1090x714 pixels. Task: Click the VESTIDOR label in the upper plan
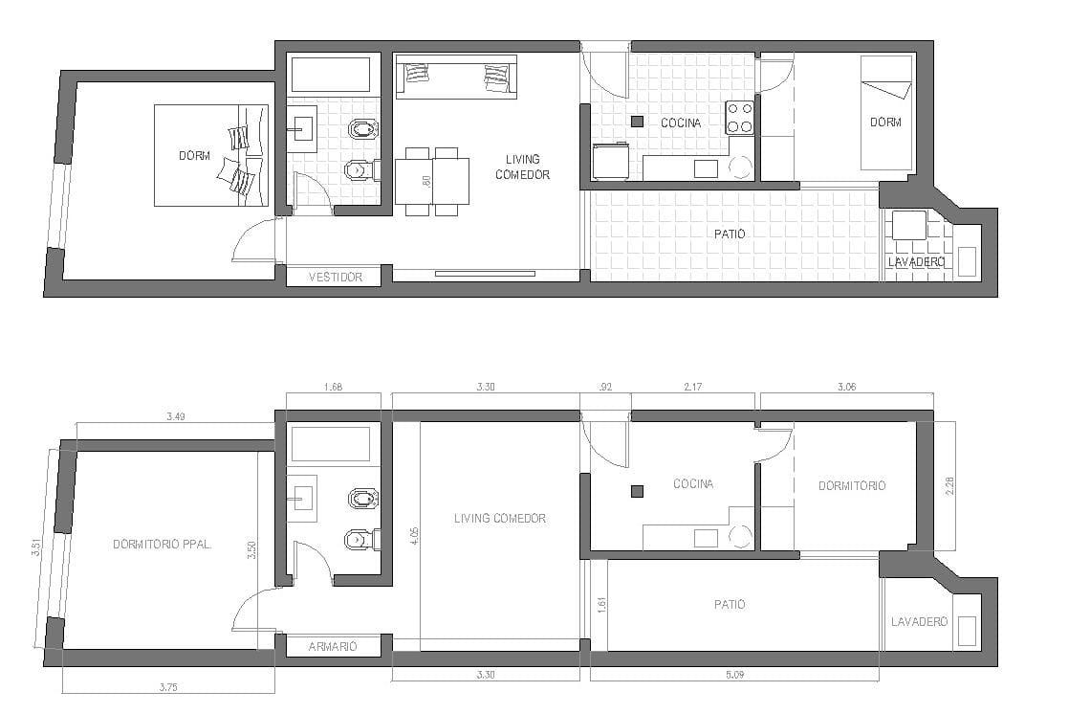click(335, 277)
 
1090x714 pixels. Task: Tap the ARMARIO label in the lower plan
click(333, 646)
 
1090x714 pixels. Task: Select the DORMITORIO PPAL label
click(162, 545)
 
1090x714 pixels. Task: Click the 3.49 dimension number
click(176, 417)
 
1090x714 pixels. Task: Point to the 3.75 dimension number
click(168, 687)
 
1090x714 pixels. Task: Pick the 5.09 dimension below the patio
click(734, 675)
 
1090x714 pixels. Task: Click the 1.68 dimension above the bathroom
click(333, 387)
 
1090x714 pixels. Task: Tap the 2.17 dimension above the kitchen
click(692, 387)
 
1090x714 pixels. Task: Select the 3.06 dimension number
click(847, 387)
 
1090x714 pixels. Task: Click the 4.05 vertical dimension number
click(415, 536)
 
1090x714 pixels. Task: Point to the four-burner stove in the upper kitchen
click(740, 118)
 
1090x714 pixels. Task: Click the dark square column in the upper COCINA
click(638, 122)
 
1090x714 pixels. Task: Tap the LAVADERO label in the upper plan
click(917, 262)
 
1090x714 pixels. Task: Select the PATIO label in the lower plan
click(730, 605)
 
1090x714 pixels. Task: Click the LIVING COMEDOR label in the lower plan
click(500, 519)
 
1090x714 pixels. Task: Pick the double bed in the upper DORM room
click(210, 155)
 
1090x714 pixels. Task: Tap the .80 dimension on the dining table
click(426, 181)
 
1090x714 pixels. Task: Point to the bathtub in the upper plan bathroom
click(330, 76)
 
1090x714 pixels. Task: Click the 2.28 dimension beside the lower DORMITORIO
click(950, 485)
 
